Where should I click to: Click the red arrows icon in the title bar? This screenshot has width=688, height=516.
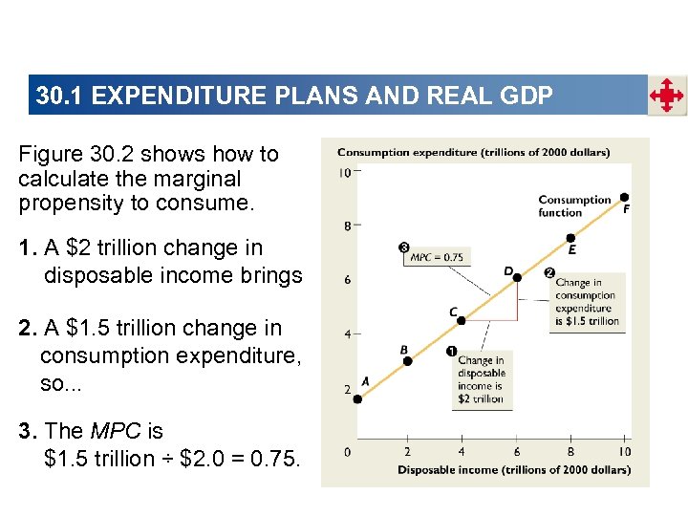point(666,96)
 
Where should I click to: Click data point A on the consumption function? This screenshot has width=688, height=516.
point(357,398)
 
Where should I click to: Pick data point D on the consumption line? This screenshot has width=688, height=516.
point(517,277)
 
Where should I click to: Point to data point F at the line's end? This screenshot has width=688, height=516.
point(625,197)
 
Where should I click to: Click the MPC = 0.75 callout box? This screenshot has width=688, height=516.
point(436,257)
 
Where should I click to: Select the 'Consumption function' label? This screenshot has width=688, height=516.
point(574,205)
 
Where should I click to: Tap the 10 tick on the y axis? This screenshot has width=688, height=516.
point(344,173)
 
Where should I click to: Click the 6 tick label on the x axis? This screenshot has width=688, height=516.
point(517,452)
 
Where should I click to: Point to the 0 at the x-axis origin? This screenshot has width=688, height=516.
point(348,452)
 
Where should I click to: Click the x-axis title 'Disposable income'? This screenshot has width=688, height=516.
point(513,469)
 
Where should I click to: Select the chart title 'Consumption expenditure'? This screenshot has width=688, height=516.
point(473,151)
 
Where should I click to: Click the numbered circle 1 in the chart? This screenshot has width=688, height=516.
point(450,352)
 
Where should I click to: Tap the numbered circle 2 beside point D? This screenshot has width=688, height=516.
point(549,272)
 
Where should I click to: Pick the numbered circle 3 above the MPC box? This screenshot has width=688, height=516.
point(404,247)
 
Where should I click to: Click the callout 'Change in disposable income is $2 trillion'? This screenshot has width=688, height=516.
point(482,380)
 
